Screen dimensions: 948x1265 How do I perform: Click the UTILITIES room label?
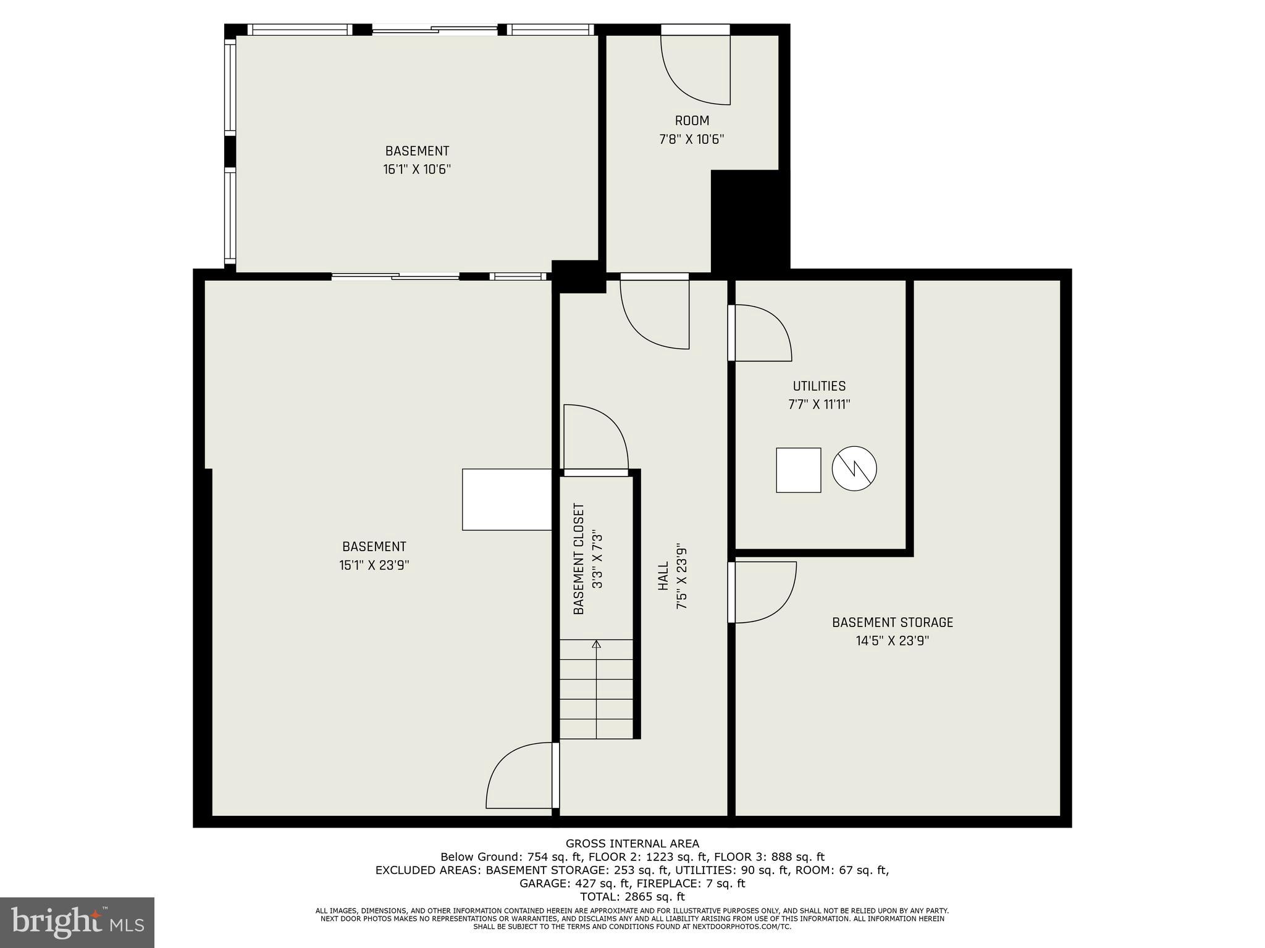click(x=819, y=386)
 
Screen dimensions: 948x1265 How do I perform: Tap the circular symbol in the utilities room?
click(x=854, y=469)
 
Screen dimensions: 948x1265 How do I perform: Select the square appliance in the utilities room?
click(x=798, y=470)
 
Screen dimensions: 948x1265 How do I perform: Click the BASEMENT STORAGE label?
click(x=892, y=622)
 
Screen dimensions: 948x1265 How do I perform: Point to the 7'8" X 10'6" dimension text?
click(x=691, y=139)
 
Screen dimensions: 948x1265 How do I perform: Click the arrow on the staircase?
click(x=596, y=645)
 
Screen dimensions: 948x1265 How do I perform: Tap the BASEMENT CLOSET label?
click(x=579, y=559)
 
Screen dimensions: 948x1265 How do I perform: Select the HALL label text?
click(x=663, y=575)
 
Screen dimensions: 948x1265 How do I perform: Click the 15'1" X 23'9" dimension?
click(x=374, y=565)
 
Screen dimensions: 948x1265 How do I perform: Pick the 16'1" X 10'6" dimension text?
click(x=417, y=170)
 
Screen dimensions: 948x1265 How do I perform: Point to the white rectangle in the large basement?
click(x=506, y=499)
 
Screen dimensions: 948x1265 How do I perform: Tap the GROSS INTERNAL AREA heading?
click(x=632, y=843)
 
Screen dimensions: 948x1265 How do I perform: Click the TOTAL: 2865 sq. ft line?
click(x=632, y=897)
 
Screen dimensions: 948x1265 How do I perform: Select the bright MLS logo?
click(x=77, y=922)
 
